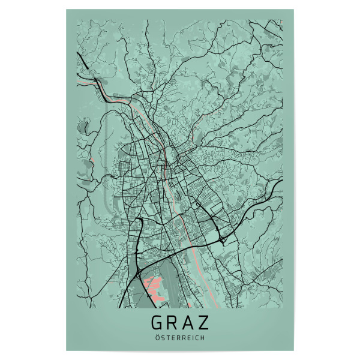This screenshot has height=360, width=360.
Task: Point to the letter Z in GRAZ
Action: coord(203,322)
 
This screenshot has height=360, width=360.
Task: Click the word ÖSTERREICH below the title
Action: coord(179,338)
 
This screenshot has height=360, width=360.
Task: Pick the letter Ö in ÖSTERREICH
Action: coord(157,338)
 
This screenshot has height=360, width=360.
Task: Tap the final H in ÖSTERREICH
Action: coord(202,338)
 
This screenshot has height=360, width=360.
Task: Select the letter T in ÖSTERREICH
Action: coord(167,338)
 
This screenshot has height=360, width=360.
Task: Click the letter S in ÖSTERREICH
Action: coord(162,338)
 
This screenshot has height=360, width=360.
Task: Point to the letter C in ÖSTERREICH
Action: coord(196,338)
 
